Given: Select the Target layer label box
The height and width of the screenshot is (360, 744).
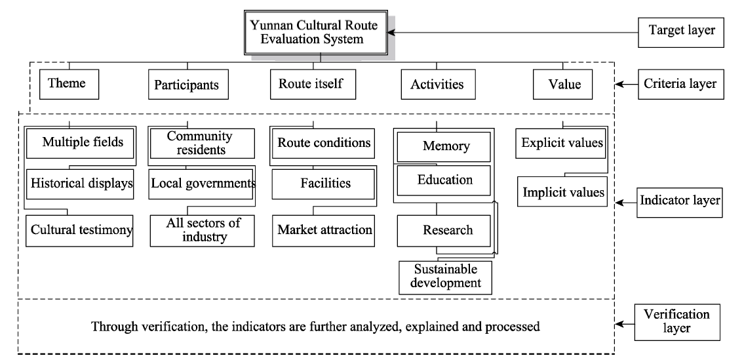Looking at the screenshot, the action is [x=681, y=32].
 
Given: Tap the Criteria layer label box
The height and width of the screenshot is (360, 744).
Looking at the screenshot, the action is [x=681, y=85].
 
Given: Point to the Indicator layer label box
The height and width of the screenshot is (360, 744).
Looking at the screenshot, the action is [x=680, y=202].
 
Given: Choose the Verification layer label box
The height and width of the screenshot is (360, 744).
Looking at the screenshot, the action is [x=677, y=322].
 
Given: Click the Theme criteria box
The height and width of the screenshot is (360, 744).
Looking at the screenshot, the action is [x=69, y=85].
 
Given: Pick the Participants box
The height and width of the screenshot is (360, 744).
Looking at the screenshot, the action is [x=188, y=85].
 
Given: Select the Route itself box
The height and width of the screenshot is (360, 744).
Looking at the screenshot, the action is [x=313, y=85].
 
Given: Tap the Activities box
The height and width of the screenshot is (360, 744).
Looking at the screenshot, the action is [x=438, y=85].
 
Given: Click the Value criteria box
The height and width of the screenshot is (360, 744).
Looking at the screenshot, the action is [x=562, y=85].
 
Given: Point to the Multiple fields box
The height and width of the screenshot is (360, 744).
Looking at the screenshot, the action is [x=80, y=142].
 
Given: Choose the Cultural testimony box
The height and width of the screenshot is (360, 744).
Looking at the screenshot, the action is [x=80, y=231].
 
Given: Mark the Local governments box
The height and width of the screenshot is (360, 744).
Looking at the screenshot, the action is [x=202, y=184].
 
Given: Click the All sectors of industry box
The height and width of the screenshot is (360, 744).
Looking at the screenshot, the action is [x=203, y=231].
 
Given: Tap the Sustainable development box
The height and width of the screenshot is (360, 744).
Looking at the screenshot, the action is [x=446, y=277].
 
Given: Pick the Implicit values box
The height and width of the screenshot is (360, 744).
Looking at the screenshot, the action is [x=562, y=191].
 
